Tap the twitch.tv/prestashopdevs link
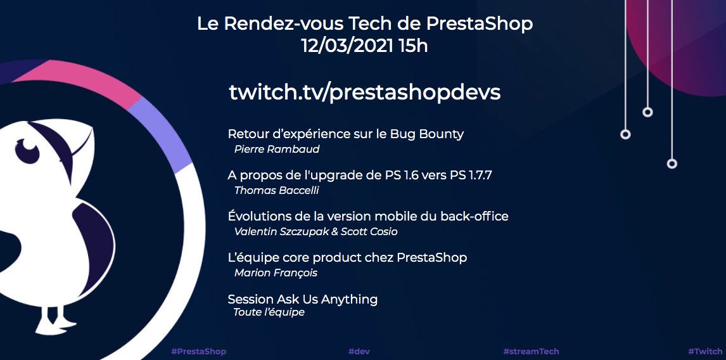(x=364, y=92)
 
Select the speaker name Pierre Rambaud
(x=276, y=150)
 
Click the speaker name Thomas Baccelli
(x=277, y=190)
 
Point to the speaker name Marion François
(x=276, y=273)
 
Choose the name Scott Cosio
(x=369, y=232)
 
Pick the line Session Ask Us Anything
(x=302, y=299)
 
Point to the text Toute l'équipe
(x=269, y=312)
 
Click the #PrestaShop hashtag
(x=198, y=351)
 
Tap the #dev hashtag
(x=359, y=351)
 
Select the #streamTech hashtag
(x=531, y=351)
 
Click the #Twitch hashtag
(x=704, y=351)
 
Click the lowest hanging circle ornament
(x=672, y=164)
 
